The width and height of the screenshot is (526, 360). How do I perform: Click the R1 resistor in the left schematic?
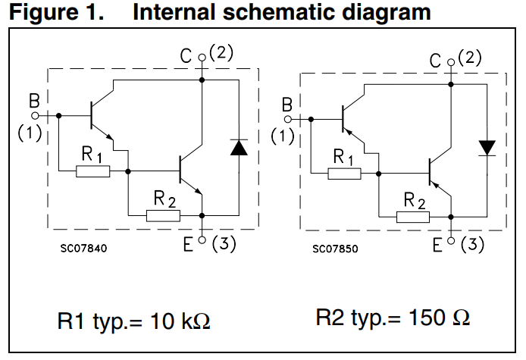coord(93,172)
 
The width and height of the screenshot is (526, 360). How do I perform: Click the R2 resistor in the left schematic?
coord(164,215)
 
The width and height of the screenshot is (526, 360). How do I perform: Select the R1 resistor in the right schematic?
coord(345,174)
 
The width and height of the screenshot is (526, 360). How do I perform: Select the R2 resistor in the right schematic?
coord(415,217)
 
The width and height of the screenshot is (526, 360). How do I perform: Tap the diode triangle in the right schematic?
coord(487,146)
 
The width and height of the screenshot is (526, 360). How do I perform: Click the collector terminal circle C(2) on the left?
coord(202,57)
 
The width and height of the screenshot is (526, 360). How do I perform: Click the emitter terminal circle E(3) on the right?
coord(451,240)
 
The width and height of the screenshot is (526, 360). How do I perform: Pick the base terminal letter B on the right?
coord(286,105)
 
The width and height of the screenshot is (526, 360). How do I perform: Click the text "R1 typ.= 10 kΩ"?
coord(134,321)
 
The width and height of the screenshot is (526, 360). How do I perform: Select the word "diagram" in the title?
coord(385,12)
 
